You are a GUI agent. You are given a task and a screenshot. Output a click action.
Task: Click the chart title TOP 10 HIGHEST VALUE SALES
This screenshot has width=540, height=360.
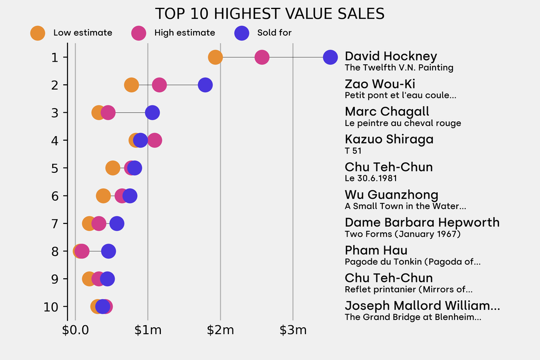pos(269,13)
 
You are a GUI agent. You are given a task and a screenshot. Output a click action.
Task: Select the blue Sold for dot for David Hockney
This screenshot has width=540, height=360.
pos(330,57)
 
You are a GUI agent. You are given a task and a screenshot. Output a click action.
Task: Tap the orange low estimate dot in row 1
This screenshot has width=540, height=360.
pos(215,57)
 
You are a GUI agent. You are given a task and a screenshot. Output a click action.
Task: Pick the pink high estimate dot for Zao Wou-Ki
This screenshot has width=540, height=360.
pos(159,85)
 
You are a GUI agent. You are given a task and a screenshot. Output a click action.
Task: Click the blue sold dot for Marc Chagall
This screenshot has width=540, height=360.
pos(152,112)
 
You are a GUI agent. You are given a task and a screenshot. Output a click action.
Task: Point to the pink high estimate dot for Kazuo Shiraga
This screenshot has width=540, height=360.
pos(155,140)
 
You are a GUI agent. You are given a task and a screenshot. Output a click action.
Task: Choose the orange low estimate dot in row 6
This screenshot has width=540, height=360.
pos(103,196)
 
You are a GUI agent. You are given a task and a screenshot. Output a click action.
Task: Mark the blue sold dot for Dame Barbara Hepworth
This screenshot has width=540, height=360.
pos(117,223)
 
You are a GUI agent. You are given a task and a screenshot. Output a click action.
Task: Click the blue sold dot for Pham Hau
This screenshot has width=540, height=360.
pos(108,251)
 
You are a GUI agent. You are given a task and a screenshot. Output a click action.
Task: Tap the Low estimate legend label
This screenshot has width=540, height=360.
pos(83,33)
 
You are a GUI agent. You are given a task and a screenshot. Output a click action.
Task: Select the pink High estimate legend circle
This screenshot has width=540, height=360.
pos(138,33)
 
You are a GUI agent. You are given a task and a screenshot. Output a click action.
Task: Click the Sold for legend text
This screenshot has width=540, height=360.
pos(274,33)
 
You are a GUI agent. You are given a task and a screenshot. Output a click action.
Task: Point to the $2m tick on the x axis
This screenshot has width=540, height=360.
pos(220,330)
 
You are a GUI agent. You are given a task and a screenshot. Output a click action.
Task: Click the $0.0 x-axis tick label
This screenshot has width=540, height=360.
pos(75,330)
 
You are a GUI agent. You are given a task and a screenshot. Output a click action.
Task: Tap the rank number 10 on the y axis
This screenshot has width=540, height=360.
pos(52,307)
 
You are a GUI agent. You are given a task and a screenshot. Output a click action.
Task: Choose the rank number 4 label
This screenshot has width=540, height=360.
pos(55,140)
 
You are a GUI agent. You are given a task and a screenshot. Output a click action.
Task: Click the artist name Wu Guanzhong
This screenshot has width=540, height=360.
pos(391,195)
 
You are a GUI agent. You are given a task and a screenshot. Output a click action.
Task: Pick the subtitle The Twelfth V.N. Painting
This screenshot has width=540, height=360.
pos(399,67)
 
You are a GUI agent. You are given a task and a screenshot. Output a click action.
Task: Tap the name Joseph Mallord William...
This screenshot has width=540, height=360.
pos(422,306)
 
